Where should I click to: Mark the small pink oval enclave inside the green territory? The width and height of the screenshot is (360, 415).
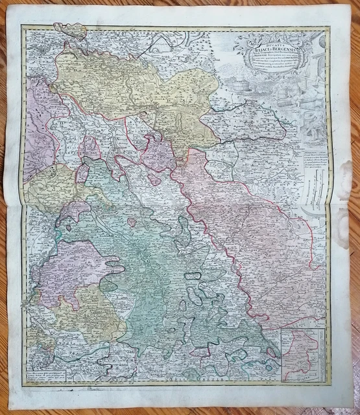pos(132,222)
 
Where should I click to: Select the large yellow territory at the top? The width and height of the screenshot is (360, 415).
pos(130,91)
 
